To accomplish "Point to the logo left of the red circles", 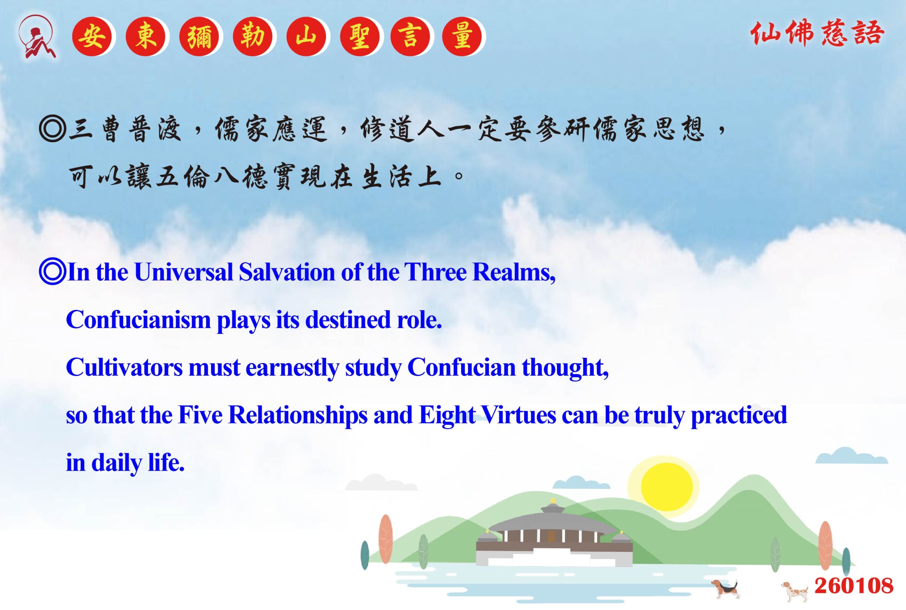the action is [37, 37].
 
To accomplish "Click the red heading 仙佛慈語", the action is [817, 34].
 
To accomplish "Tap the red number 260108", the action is [854, 586].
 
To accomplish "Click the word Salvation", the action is [287, 272].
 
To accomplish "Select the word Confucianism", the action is [138, 320].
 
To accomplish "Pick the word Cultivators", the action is [125, 367].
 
